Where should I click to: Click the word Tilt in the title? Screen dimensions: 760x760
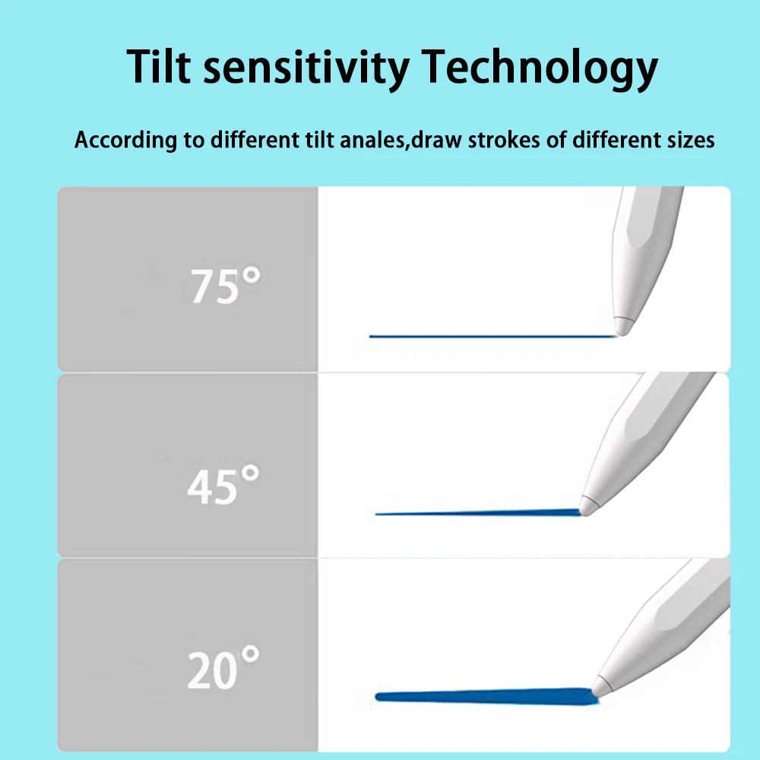click(x=159, y=66)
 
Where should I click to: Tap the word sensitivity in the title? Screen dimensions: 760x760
click(x=306, y=68)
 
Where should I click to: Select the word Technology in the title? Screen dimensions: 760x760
click(x=540, y=68)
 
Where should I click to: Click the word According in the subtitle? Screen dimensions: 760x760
click(x=126, y=140)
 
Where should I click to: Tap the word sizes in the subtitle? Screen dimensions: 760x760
click(x=691, y=140)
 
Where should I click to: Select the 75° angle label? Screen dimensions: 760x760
click(x=225, y=285)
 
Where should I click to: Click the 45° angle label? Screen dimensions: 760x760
click(x=223, y=484)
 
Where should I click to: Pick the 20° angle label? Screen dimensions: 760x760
click(x=223, y=667)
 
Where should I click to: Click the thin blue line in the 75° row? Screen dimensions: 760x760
click(x=493, y=336)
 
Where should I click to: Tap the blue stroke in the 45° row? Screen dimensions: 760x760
click(x=477, y=512)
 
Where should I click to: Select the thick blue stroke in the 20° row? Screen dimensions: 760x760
click(x=486, y=696)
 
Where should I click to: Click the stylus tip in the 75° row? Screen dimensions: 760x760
click(x=622, y=333)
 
